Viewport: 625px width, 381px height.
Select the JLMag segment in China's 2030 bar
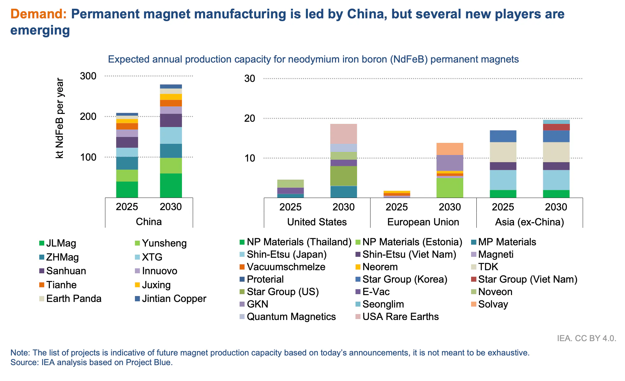tap(171, 185)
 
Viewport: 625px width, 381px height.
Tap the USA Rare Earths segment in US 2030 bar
tap(343, 134)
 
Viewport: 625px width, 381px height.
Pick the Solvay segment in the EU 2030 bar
tap(450, 149)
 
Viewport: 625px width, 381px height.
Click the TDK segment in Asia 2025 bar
tap(503, 152)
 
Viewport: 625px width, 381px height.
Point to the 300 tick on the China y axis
tap(88, 76)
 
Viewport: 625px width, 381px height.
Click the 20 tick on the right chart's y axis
tap(250, 118)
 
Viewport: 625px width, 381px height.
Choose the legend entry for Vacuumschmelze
tap(286, 267)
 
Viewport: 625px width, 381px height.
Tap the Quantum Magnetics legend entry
tap(291, 317)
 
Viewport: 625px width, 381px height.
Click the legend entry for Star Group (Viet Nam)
tap(527, 280)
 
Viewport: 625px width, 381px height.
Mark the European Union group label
tap(423, 222)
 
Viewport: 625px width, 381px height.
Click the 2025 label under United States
tap(290, 207)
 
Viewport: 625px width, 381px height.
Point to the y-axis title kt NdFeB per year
tap(60, 118)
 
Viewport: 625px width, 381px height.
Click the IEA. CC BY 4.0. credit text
tap(586, 338)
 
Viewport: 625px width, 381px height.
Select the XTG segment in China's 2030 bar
tap(171, 135)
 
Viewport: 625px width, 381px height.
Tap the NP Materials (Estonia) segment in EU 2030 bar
tap(450, 187)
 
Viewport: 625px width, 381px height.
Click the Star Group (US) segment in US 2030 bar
tap(343, 176)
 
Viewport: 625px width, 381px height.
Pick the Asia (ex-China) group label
tap(529, 222)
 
